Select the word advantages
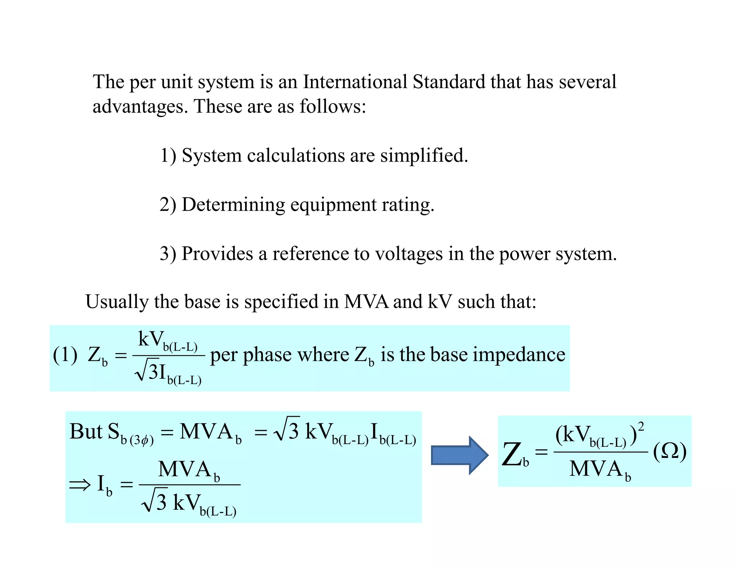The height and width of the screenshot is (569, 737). coord(140,106)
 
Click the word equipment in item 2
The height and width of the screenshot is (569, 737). coord(333,205)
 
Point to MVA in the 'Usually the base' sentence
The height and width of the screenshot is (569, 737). coord(366,301)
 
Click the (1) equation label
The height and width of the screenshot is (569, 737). coord(65,355)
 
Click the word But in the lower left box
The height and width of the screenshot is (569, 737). coord(86,431)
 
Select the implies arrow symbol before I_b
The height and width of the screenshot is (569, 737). coord(80,485)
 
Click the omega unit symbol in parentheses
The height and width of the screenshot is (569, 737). coord(670,451)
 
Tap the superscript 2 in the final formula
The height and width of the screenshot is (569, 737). coord(641,427)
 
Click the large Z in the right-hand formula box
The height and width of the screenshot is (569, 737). coord(512,454)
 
